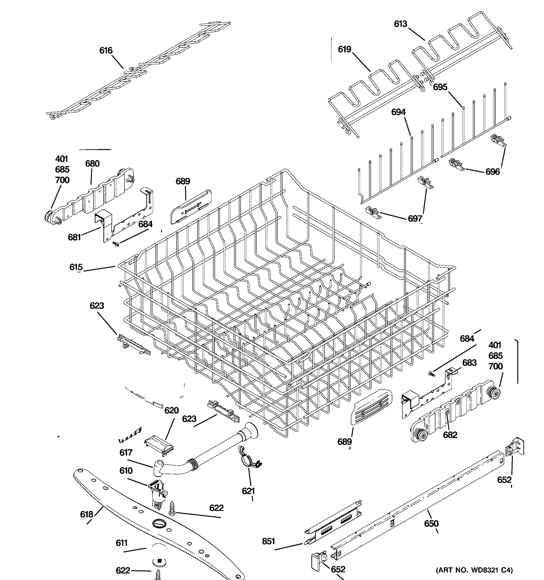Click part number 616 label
106,51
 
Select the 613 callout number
400,24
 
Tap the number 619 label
344,49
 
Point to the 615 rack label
76,267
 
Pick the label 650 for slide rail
431,524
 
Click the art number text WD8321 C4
474,570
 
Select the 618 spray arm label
87,514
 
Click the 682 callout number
450,435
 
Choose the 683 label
469,363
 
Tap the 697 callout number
415,218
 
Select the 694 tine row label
398,112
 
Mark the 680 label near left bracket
92,164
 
